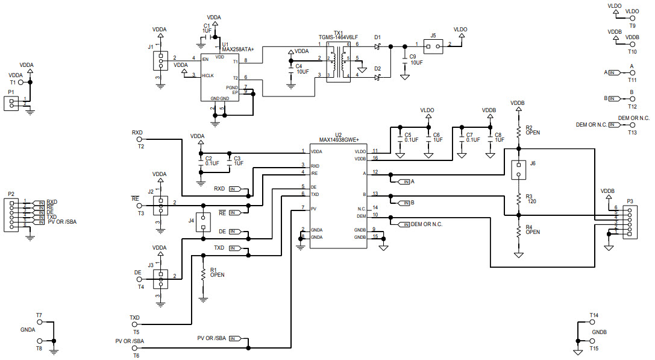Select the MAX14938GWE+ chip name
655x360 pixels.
click(338, 139)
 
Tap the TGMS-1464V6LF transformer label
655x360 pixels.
click(338, 37)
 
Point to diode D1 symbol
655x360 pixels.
click(378, 46)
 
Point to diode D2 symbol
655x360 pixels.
click(378, 77)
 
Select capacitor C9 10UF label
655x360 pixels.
click(416, 62)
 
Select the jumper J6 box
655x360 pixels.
click(518, 170)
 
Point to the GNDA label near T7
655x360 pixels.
click(28, 330)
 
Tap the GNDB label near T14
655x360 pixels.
click(599, 332)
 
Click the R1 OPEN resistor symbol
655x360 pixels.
click(203, 274)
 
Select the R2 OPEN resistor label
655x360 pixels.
click(533, 130)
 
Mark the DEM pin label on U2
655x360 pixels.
click(361, 216)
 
